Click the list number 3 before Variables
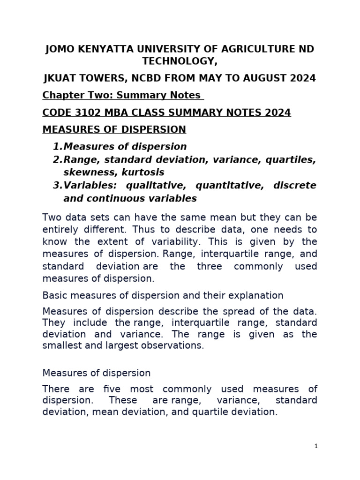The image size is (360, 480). click(x=56, y=186)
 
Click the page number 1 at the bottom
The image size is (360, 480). click(x=316, y=446)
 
